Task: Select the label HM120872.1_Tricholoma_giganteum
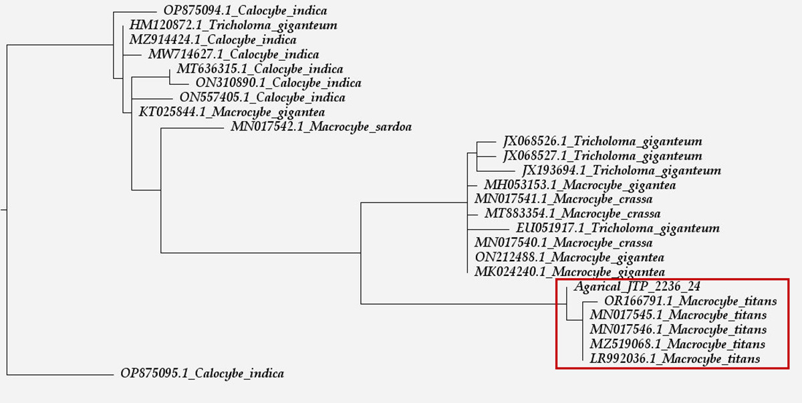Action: point(233,26)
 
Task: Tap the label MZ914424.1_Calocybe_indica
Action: point(213,40)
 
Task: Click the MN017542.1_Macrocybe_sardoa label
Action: point(321,127)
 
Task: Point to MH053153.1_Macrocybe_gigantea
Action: point(580,185)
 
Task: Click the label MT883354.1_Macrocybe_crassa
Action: point(573,214)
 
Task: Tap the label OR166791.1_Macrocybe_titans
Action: point(686,301)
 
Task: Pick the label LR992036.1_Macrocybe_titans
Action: point(675,359)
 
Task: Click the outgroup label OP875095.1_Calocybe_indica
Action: point(202,374)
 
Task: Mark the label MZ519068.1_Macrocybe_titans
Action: point(677,344)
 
